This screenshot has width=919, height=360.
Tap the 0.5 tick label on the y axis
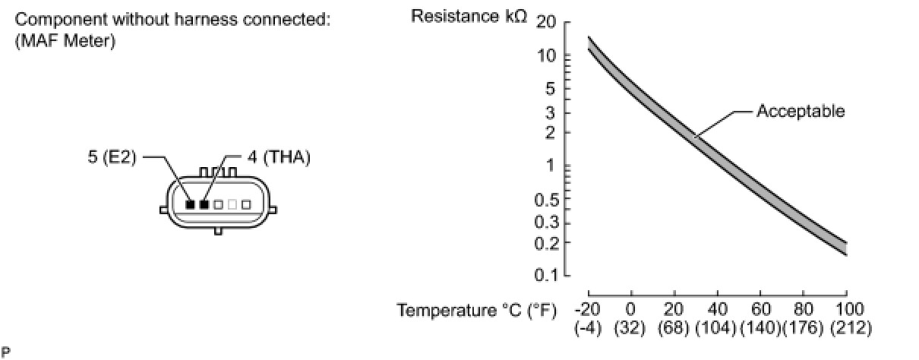pyautogui.click(x=546, y=201)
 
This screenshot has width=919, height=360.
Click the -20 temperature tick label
pyautogui.click(x=588, y=310)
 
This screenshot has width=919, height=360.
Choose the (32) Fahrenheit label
pyautogui.click(x=630, y=328)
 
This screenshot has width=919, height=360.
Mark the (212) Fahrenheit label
pyautogui.click(x=850, y=328)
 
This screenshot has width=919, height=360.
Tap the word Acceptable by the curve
pyautogui.click(x=801, y=112)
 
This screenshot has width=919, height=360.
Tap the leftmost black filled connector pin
pyautogui.click(x=191, y=204)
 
